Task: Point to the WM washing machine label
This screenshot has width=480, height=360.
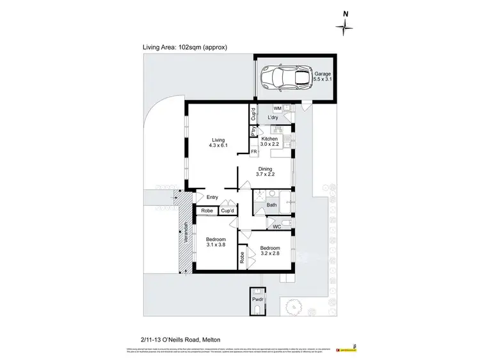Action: pos(277,109)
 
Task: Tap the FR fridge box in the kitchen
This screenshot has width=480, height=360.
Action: pos(254,152)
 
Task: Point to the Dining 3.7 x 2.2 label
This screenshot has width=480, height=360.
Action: pos(264,173)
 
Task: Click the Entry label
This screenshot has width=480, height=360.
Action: pos(212,198)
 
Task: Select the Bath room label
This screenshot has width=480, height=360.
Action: pos(271,205)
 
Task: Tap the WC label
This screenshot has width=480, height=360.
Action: pos(276,226)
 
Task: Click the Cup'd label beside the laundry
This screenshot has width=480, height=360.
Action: pos(253,114)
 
